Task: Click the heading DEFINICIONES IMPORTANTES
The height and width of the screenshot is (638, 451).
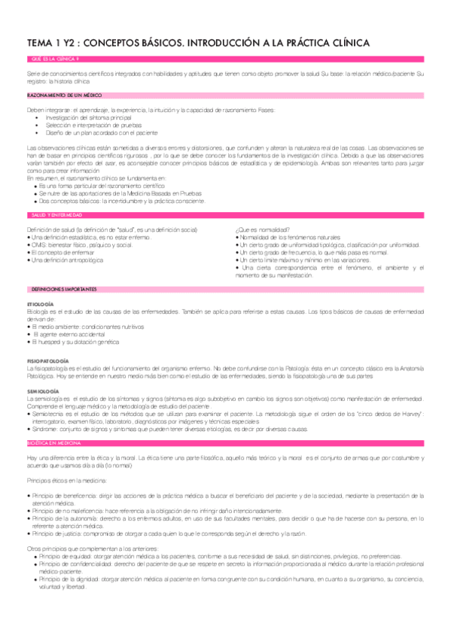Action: pyautogui.click(x=64, y=289)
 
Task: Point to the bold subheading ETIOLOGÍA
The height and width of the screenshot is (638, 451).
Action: pyautogui.click(x=40, y=304)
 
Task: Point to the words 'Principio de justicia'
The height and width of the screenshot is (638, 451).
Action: pyautogui.click(x=55, y=533)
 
